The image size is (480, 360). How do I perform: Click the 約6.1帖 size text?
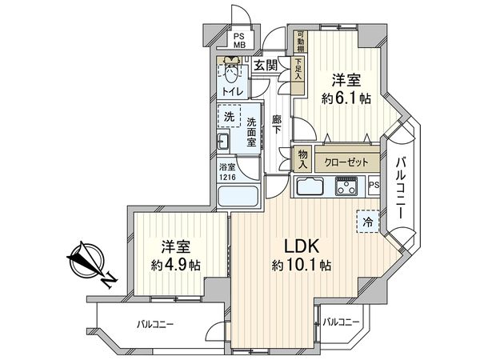tap(346, 99)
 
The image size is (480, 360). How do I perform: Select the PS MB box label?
tap(239, 42)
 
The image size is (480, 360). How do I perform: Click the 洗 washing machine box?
tap(229, 118)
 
